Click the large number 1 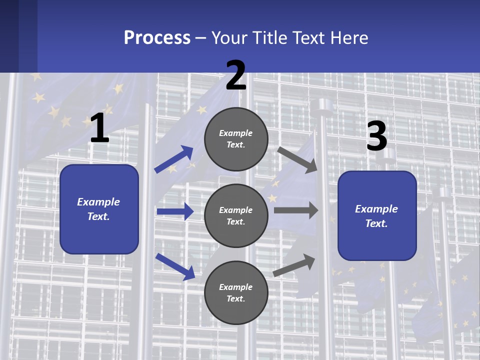[x=99, y=128]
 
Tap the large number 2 [x=236, y=75]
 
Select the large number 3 [x=376, y=136]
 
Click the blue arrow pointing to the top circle [x=174, y=159]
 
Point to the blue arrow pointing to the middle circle [x=175, y=211]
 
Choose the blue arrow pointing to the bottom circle [x=175, y=266]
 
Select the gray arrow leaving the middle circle [x=296, y=210]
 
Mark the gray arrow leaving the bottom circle [x=294, y=265]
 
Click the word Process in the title [x=157, y=38]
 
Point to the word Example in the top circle [x=236, y=133]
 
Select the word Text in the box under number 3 [x=375, y=223]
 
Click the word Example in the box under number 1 [x=98, y=202]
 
